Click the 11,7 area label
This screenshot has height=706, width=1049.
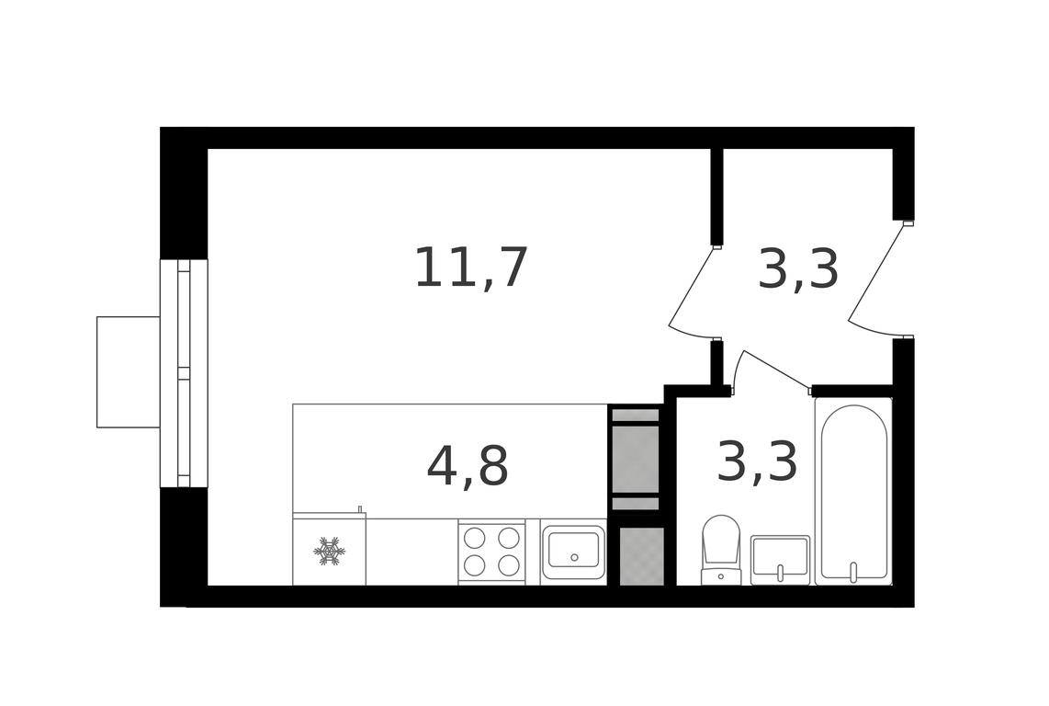[471, 268]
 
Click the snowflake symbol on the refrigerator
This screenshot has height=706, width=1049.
[329, 551]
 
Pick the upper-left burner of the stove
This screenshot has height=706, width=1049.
[474, 538]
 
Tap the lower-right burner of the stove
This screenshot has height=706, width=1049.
[509, 564]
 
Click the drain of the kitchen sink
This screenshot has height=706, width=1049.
[573, 557]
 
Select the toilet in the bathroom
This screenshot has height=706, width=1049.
[720, 550]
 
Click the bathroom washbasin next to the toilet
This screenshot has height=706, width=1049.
[780, 560]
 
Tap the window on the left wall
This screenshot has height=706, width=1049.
[184, 373]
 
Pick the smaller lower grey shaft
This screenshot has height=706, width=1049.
[642, 556]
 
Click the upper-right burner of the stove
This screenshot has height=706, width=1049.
[509, 538]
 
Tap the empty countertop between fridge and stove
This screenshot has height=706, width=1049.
[412, 552]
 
